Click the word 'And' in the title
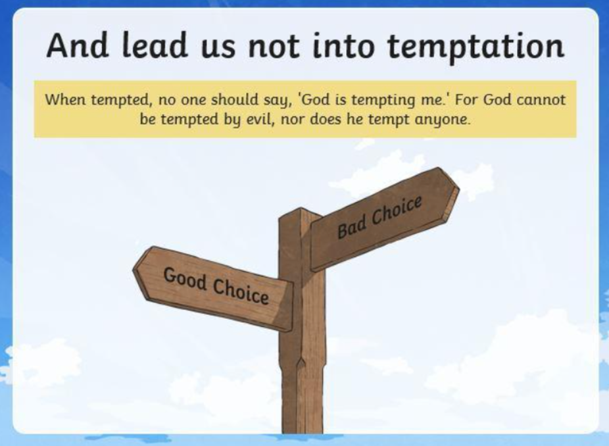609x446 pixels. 78,45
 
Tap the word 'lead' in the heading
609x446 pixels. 155,45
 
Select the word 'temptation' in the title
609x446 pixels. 475,47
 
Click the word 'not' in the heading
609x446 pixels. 274,46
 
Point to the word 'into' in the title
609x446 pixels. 343,45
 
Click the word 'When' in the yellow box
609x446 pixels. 65,100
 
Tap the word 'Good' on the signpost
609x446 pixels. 185,279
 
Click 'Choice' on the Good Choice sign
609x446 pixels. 241,291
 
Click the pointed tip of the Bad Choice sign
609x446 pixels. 458,189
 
